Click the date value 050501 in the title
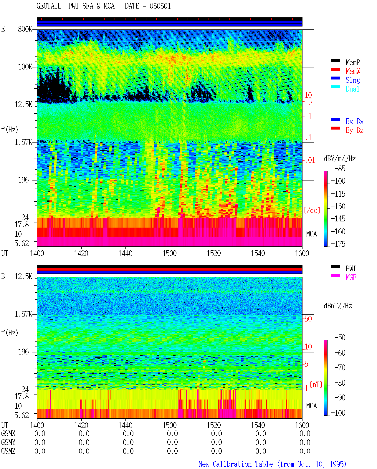[x=160, y=6]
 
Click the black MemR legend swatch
[x=335, y=60]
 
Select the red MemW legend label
[x=353, y=71]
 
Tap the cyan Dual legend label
[x=352, y=89]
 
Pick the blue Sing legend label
[x=353, y=80]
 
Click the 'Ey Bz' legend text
[x=355, y=130]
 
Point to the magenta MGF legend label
[x=351, y=277]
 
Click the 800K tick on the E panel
[x=25, y=29]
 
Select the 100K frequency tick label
[x=25, y=67]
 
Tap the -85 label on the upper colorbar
[x=340, y=168]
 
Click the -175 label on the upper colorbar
[x=338, y=244]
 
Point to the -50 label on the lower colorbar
[x=340, y=338]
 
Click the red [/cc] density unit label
[x=312, y=210]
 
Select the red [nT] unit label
[x=316, y=385]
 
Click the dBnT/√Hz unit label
[x=338, y=306]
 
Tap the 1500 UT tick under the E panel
[x=169, y=253]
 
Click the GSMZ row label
[x=8, y=451]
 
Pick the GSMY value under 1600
[x=305, y=442]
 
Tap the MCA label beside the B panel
[x=311, y=406]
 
